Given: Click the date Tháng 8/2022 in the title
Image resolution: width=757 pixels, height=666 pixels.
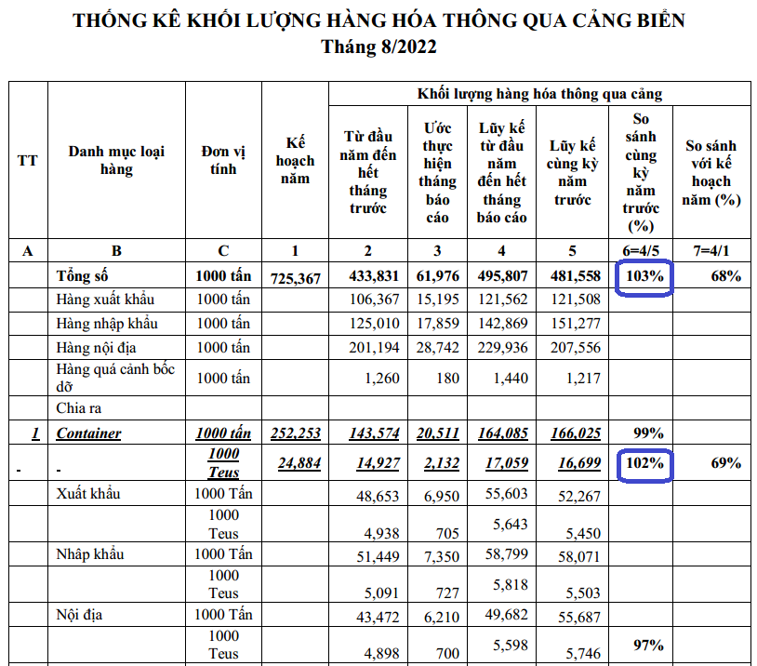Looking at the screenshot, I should point(378,47).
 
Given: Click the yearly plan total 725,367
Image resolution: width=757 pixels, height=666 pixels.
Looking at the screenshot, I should point(295,277).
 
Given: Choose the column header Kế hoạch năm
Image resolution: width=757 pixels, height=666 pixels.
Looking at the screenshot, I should point(295,160).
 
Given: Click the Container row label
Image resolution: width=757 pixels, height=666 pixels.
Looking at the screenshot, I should point(88,433).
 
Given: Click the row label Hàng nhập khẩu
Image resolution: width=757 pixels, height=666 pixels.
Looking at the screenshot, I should point(107,324).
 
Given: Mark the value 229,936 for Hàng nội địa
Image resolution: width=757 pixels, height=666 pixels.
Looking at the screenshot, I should point(501,348).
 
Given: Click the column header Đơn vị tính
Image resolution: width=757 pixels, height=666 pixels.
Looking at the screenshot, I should point(223,160).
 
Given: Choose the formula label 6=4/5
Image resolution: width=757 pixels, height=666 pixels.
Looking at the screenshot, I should point(641,251).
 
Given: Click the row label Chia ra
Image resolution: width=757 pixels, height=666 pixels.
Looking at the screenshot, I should point(77,407).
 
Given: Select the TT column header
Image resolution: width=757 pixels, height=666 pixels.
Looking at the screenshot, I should point(28,160).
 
